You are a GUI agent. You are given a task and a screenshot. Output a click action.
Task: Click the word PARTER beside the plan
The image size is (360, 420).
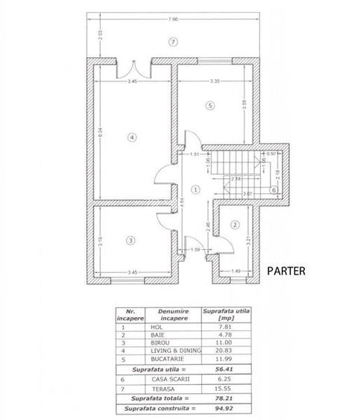point(286,271)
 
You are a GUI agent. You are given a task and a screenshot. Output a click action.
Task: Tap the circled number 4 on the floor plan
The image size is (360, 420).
point(130,137)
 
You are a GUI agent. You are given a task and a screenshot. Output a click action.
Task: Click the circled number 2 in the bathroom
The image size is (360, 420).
point(234,225)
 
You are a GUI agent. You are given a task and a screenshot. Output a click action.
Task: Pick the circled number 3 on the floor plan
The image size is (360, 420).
point(130,239)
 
